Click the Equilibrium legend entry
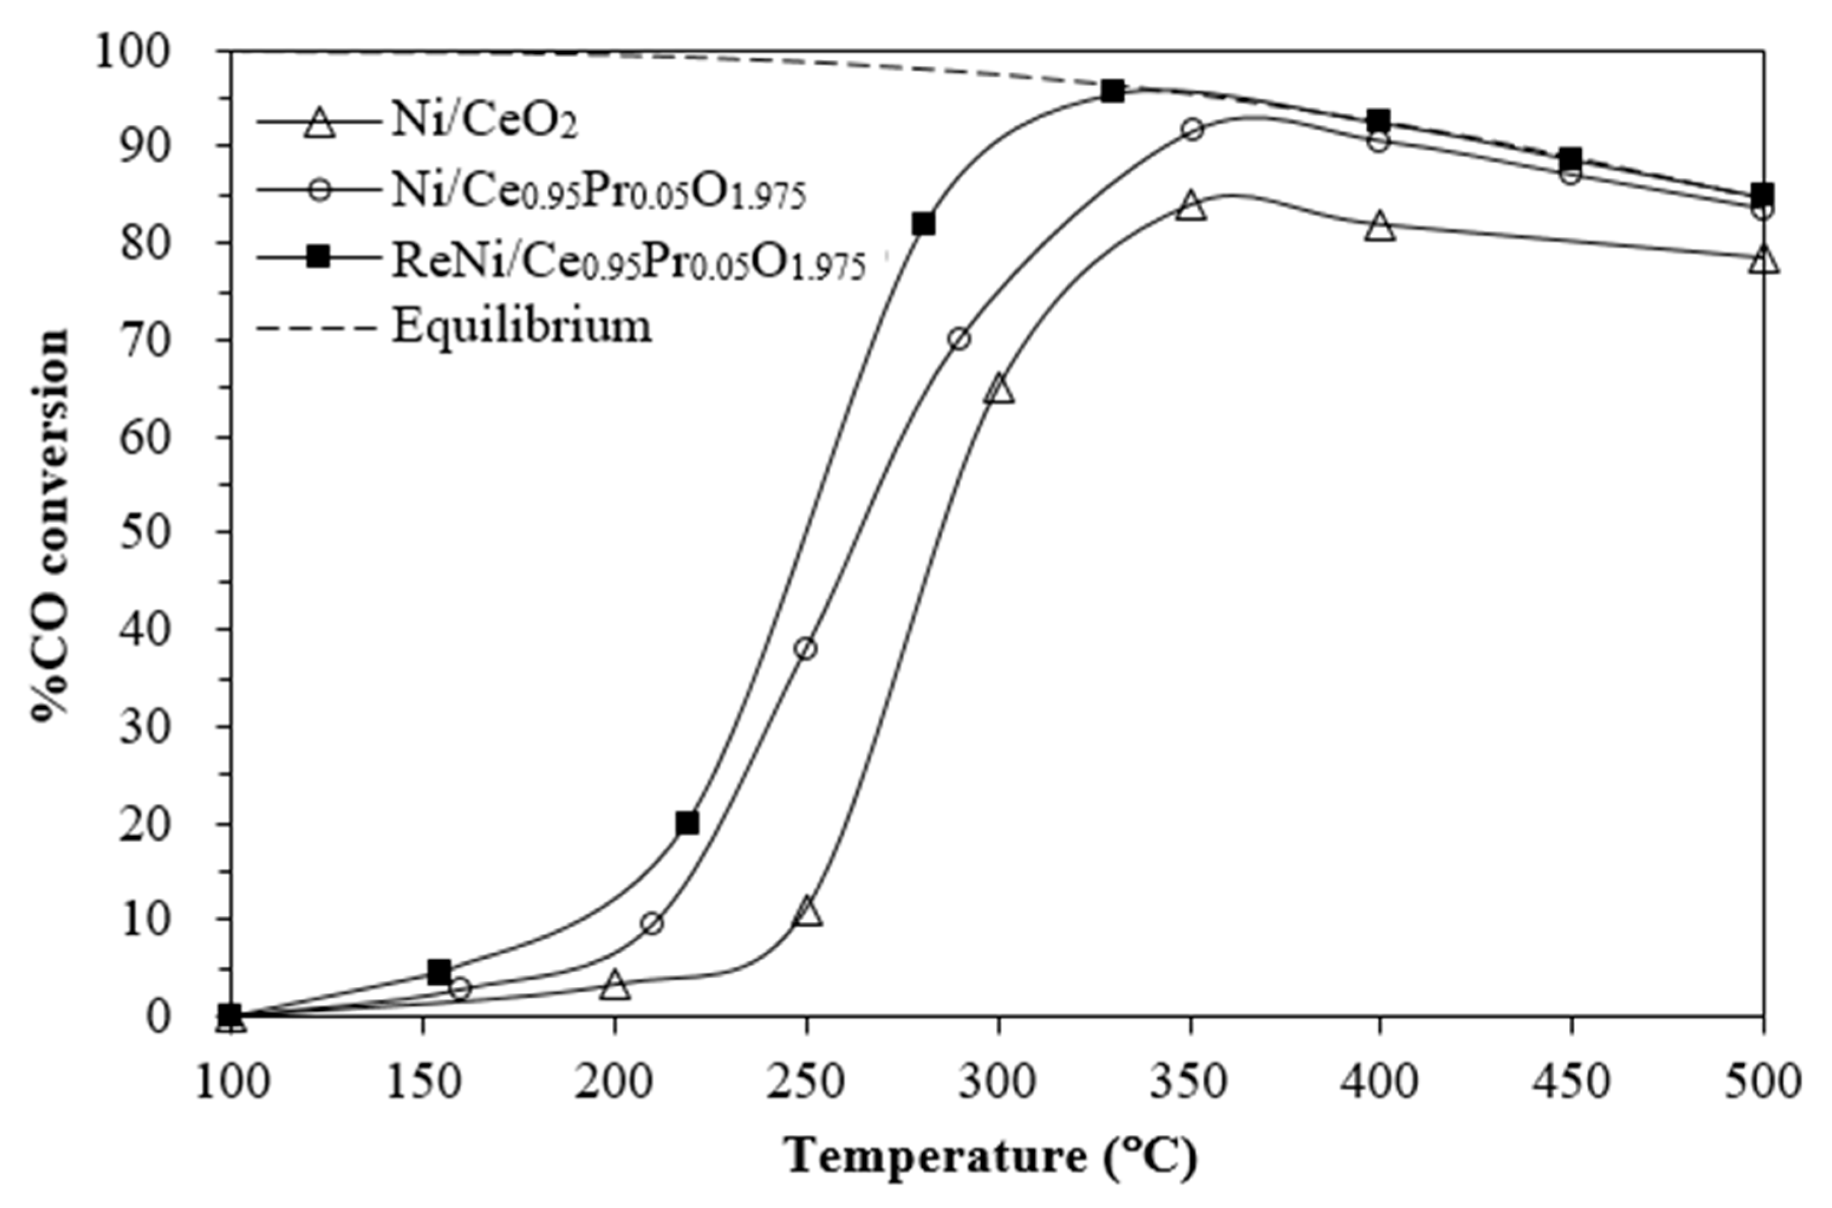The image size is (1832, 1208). [x=522, y=326]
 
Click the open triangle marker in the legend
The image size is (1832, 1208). [x=318, y=123]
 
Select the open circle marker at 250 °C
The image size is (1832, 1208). [x=806, y=649]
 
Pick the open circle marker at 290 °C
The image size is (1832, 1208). [x=959, y=339]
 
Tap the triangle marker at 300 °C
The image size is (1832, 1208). [x=999, y=390]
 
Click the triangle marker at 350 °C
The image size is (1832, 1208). [x=1191, y=207]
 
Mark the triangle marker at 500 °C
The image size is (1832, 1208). [x=1764, y=261]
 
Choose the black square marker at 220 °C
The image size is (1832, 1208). [x=687, y=824]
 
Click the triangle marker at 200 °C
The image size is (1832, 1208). [x=615, y=985]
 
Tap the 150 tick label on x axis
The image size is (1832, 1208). [x=423, y=1082]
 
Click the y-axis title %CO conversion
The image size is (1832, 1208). [x=51, y=524]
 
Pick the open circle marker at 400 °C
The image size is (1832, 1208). [x=1378, y=141]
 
